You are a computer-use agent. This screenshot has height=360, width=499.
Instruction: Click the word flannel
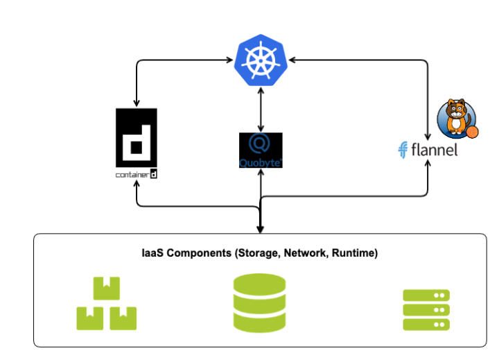[433, 149]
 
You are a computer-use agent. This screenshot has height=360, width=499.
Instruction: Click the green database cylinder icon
[260, 301]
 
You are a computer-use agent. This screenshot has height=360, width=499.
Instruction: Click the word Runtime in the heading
[353, 254]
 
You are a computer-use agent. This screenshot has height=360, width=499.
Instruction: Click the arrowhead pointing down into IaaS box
[260, 230]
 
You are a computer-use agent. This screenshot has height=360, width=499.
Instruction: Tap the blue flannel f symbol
[401, 150]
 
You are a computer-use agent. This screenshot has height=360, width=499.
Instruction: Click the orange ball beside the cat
[472, 132]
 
